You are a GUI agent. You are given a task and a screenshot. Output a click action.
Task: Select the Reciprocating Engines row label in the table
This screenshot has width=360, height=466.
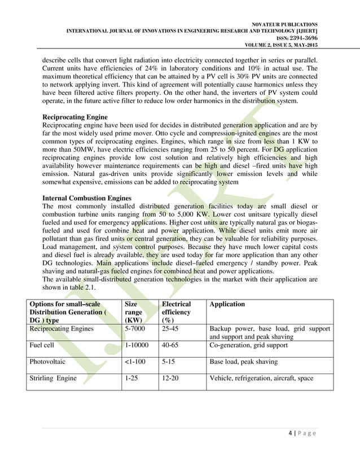click(x=62, y=328)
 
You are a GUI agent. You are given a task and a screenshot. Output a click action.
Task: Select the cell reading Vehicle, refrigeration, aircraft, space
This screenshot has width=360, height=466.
click(x=261, y=378)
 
